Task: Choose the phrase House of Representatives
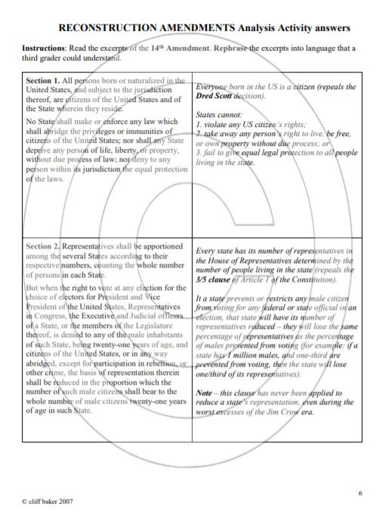coord(247,259)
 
